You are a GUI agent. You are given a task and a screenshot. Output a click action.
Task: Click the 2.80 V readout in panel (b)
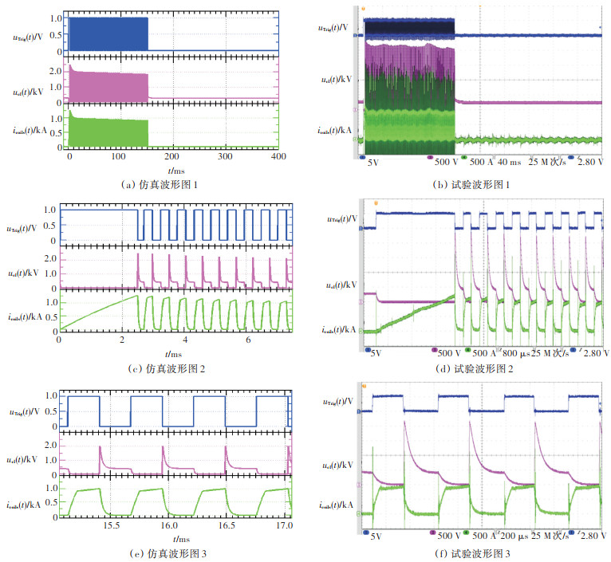click(x=588, y=162)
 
